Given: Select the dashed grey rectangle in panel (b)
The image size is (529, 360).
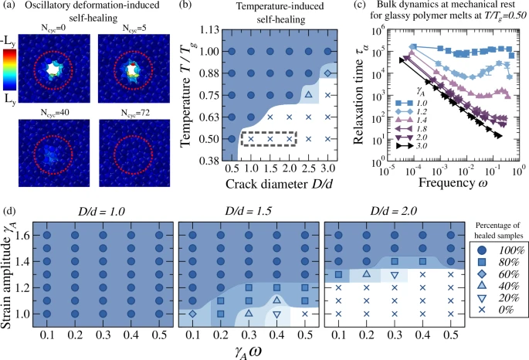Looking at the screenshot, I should click(270, 139).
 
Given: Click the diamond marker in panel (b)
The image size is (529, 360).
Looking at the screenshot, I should click(327, 73).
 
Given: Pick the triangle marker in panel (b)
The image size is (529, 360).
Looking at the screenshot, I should click(308, 95).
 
